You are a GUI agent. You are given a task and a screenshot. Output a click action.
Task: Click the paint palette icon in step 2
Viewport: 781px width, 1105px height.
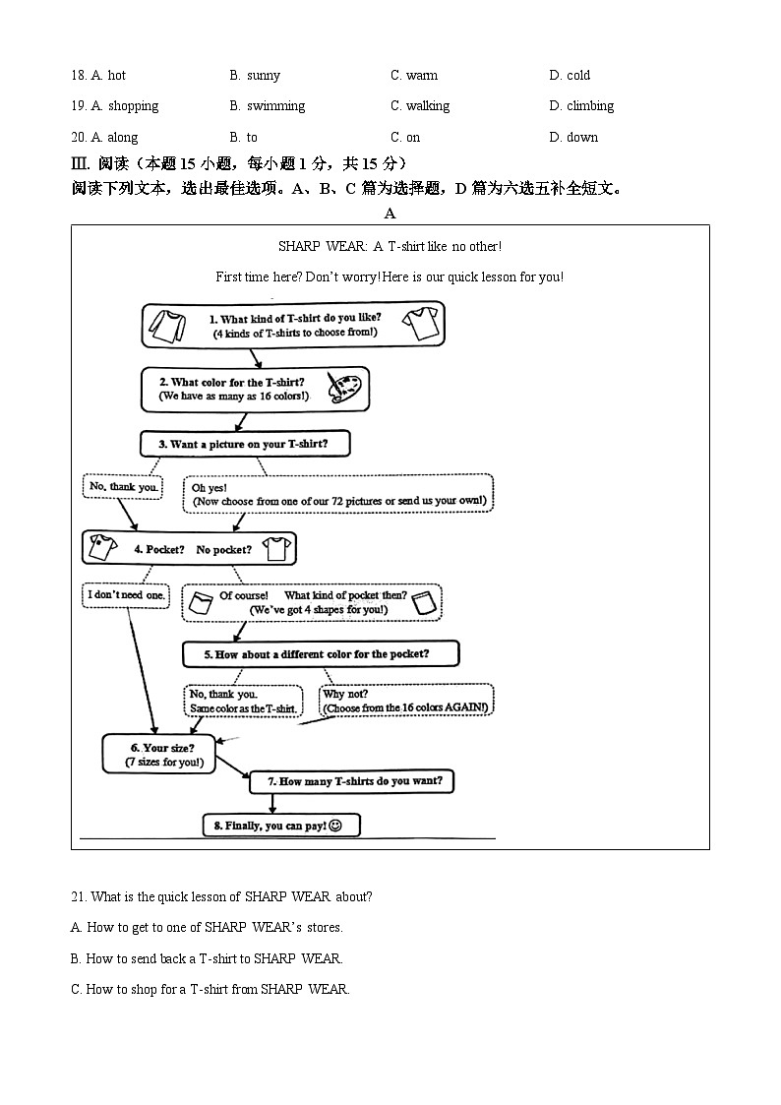(343, 389)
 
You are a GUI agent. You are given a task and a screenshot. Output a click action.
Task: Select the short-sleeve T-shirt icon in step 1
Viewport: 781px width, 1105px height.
(421, 323)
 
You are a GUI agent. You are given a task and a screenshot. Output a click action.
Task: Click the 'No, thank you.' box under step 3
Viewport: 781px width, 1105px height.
(123, 486)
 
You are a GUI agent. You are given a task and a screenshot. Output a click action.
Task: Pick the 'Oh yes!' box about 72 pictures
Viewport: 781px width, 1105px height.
(337, 494)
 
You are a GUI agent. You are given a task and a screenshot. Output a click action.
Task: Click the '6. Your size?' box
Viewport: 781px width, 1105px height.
(158, 755)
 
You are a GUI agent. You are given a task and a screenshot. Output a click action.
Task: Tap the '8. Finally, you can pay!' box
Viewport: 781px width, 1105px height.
(280, 826)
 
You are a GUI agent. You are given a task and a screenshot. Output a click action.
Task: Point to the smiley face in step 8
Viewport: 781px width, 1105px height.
(335, 826)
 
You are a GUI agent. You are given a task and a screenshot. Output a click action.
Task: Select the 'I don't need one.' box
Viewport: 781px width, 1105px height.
(126, 595)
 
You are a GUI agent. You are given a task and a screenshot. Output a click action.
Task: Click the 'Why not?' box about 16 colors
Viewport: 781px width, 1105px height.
(405, 701)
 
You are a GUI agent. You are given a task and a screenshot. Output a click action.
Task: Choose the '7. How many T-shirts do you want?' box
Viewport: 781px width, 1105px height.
(352, 782)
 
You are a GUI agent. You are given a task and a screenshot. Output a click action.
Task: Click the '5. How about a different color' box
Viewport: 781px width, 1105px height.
(321, 654)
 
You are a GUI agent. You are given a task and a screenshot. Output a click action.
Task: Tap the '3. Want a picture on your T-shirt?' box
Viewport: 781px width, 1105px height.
(245, 445)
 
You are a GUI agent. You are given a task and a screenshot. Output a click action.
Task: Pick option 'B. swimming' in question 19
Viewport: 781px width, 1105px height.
(268, 106)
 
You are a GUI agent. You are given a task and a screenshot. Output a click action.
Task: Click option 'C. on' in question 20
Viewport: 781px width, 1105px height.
(405, 138)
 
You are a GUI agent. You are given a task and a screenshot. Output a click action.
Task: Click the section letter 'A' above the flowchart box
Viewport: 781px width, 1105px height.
(390, 214)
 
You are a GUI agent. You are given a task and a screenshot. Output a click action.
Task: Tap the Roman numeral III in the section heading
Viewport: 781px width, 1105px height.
(80, 163)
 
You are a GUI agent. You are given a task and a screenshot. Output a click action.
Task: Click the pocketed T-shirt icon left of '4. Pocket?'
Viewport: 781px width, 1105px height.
(102, 548)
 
